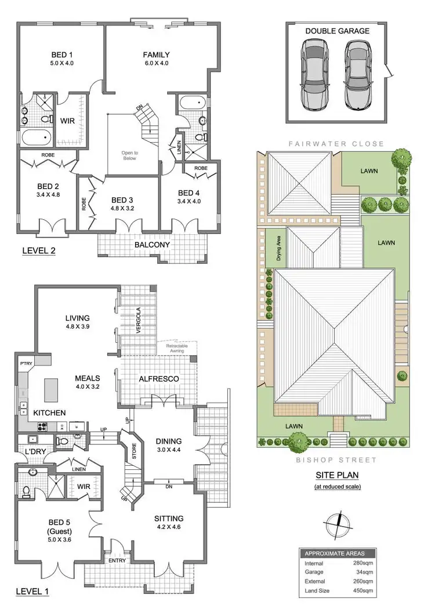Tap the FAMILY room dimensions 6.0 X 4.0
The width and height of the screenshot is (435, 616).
coord(156,63)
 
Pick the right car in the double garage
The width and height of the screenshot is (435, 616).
coord(357,77)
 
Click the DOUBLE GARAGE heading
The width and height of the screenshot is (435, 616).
coord(337,31)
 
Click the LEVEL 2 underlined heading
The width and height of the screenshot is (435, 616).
coord(38,251)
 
